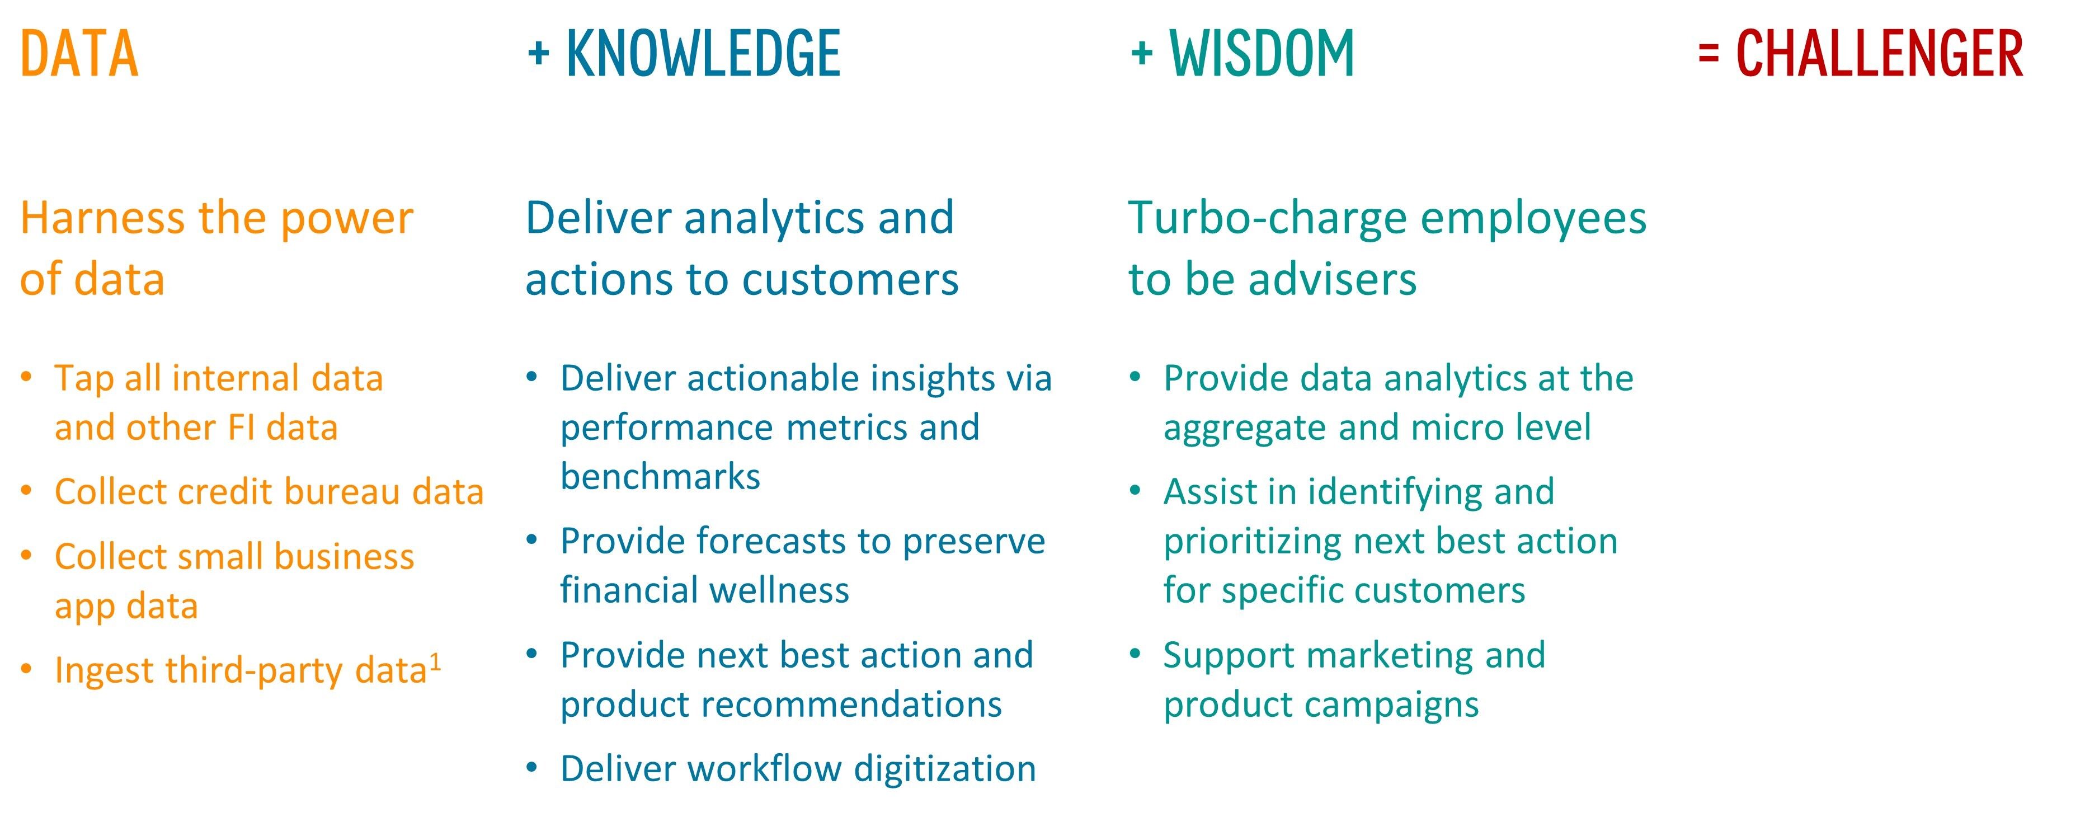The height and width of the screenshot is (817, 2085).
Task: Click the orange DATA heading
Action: point(79,54)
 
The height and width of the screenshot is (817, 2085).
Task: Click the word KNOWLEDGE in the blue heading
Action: point(703,54)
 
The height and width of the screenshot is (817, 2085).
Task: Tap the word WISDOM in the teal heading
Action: point(1262,54)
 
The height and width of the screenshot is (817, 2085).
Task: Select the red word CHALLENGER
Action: point(1880,54)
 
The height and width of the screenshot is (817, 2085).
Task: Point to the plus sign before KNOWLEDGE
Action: point(538,54)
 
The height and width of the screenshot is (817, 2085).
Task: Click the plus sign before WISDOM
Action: point(1141,54)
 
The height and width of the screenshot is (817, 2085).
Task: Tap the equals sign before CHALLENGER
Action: point(1709,54)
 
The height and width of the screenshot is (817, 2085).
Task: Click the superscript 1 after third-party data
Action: point(435,663)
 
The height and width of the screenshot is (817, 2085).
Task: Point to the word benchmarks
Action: point(661,476)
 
